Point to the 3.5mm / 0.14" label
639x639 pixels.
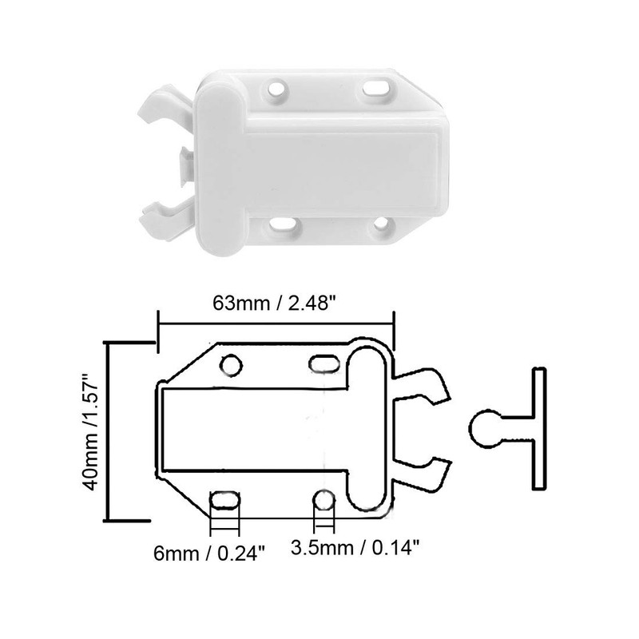355,549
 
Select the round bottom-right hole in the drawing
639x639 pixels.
323,501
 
